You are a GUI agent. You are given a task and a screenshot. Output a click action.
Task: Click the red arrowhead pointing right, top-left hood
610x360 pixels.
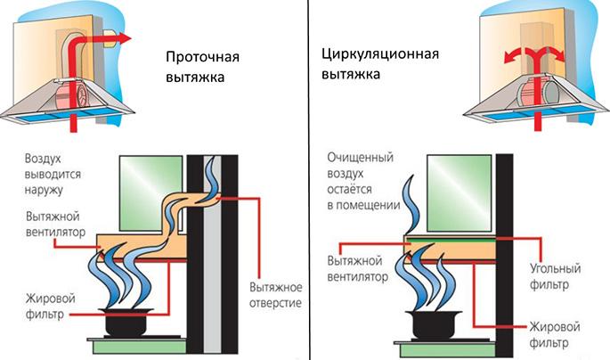124,38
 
